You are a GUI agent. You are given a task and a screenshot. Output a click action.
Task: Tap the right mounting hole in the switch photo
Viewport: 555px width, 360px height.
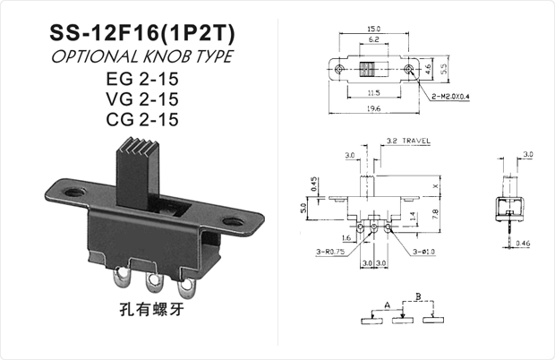click(235, 219)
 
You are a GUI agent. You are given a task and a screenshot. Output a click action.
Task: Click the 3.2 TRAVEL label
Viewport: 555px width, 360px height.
click(408, 141)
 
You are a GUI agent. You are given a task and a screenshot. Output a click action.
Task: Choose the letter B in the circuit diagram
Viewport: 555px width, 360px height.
click(417, 296)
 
